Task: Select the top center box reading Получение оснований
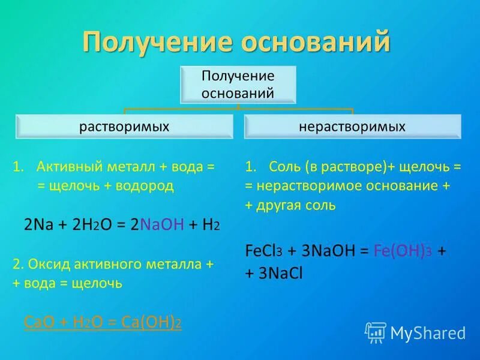coord(238,84)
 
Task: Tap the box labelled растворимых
coord(124,127)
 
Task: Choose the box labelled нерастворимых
coord(352,127)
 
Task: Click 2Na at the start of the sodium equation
coord(37,224)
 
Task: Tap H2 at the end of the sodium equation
coord(211,225)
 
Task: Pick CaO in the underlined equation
coord(37,322)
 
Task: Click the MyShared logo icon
coord(376,331)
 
